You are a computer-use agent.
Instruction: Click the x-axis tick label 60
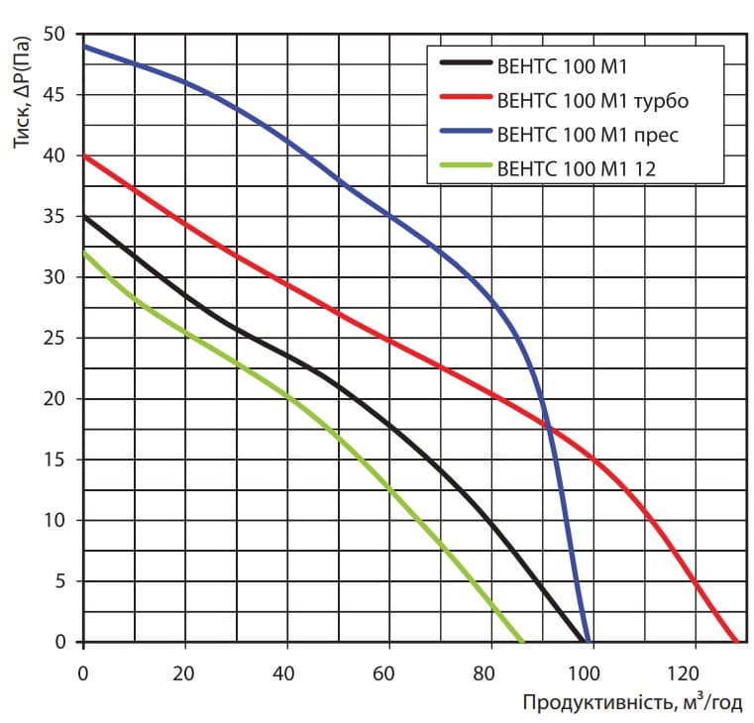coord(388,672)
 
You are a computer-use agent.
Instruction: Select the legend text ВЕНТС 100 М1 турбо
coord(592,100)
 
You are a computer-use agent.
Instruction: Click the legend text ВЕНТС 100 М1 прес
coord(588,133)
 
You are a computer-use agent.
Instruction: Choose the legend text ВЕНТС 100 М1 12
coord(577,167)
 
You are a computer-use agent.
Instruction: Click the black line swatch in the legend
coord(464,65)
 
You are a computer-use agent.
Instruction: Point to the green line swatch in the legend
coord(464,167)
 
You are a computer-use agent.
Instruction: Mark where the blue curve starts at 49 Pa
coord(84,47)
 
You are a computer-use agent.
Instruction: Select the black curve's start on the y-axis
coord(84,217)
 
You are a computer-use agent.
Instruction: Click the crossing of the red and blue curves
coord(546,425)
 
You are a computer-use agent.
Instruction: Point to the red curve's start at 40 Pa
coord(84,155)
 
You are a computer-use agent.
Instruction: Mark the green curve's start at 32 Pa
coord(84,254)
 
